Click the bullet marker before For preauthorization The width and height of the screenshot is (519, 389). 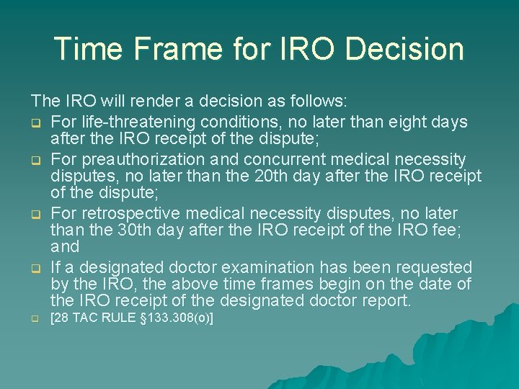pyautogui.click(x=35, y=159)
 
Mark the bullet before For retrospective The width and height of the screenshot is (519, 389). pyautogui.click(x=35, y=214)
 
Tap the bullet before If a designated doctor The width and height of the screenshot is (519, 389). pyautogui.click(x=35, y=268)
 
